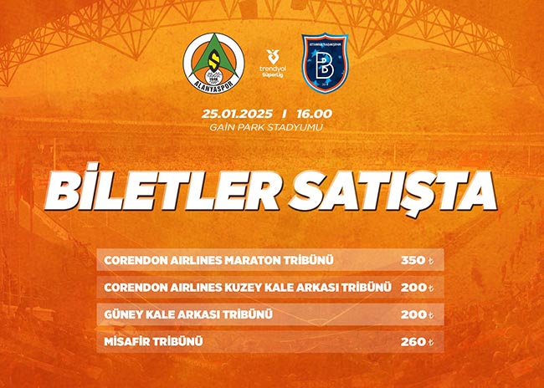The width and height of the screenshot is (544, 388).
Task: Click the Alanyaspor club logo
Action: tap(213, 63)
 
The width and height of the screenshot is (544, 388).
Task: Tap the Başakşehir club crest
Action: tap(325, 63)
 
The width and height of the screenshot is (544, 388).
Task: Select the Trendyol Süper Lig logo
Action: tap(273, 64)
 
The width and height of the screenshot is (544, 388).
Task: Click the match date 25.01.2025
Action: tap(237, 114)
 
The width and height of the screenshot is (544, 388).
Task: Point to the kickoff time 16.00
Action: tap(315, 114)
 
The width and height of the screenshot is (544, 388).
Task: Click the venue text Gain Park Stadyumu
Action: tap(266, 127)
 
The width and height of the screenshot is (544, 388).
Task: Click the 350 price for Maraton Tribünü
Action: tap(413, 260)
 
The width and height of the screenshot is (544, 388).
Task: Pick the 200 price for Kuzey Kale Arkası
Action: tap(413, 288)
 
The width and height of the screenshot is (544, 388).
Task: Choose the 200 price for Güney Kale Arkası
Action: tap(413, 314)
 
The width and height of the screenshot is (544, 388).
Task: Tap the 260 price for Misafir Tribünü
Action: tap(413, 342)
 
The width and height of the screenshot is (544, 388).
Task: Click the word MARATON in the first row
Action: tap(253, 260)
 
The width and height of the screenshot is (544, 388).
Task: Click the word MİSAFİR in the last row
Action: tap(126, 341)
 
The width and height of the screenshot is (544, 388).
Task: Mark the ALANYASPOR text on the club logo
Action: tap(213, 85)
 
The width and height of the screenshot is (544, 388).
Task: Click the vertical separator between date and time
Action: tap(285, 114)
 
